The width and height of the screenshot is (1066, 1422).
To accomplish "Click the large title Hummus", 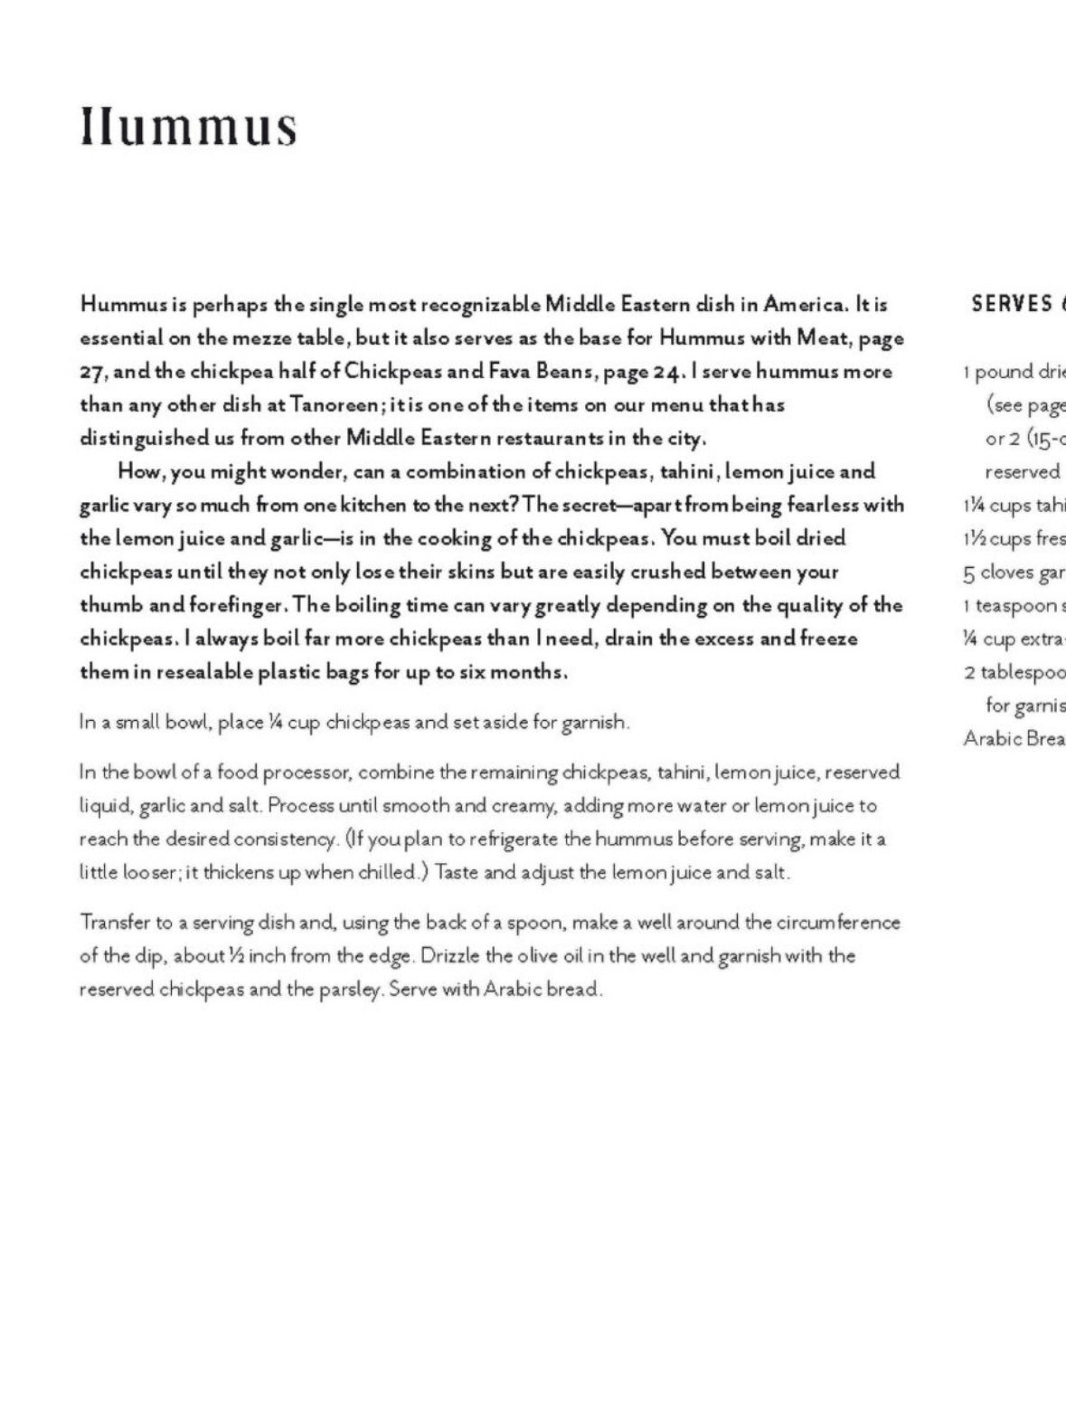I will point(188,127).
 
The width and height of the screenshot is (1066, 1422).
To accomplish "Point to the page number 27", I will point(93,373).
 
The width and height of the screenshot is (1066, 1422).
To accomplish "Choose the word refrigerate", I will point(514,839).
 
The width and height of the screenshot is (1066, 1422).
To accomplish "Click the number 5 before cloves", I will point(968,573).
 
